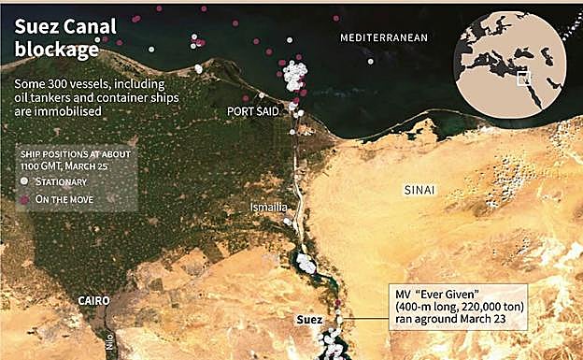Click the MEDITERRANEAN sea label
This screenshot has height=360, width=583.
tap(383, 37)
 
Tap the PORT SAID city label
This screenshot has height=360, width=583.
tap(253, 110)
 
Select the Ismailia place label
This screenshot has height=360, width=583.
tap(269, 207)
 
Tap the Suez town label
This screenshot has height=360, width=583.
tap(308, 320)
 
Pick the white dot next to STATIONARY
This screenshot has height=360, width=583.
tap(24, 181)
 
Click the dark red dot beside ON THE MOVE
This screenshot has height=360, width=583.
tap(24, 199)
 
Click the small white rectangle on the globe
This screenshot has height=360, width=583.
tap(524, 79)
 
